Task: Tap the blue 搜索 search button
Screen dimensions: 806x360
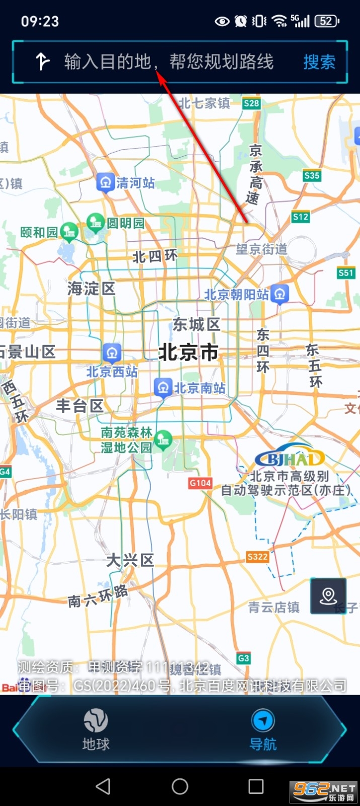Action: (x=319, y=62)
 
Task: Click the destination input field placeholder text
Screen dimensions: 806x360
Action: (x=169, y=62)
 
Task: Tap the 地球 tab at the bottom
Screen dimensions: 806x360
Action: (x=96, y=729)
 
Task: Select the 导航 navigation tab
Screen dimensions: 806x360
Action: (x=263, y=729)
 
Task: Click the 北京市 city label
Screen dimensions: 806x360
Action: (x=188, y=352)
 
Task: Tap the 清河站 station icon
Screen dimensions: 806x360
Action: (x=105, y=182)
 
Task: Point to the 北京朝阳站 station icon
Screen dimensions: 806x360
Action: (x=280, y=294)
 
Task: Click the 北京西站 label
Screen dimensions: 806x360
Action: (x=112, y=372)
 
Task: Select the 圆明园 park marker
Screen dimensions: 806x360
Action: (x=95, y=222)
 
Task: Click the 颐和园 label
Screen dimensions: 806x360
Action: (x=39, y=232)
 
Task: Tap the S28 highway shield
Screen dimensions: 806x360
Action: (x=251, y=103)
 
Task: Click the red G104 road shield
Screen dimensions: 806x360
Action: (x=200, y=483)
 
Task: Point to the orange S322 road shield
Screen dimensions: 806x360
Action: (x=257, y=557)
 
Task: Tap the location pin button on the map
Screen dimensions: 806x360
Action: (x=328, y=596)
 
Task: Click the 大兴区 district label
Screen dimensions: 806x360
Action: (x=130, y=560)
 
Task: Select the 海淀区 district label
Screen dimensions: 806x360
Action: (x=92, y=289)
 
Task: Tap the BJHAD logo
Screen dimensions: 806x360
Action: (x=290, y=457)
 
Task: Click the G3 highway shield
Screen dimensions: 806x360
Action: (x=243, y=658)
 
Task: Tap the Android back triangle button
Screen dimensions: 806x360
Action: (x=103, y=786)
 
